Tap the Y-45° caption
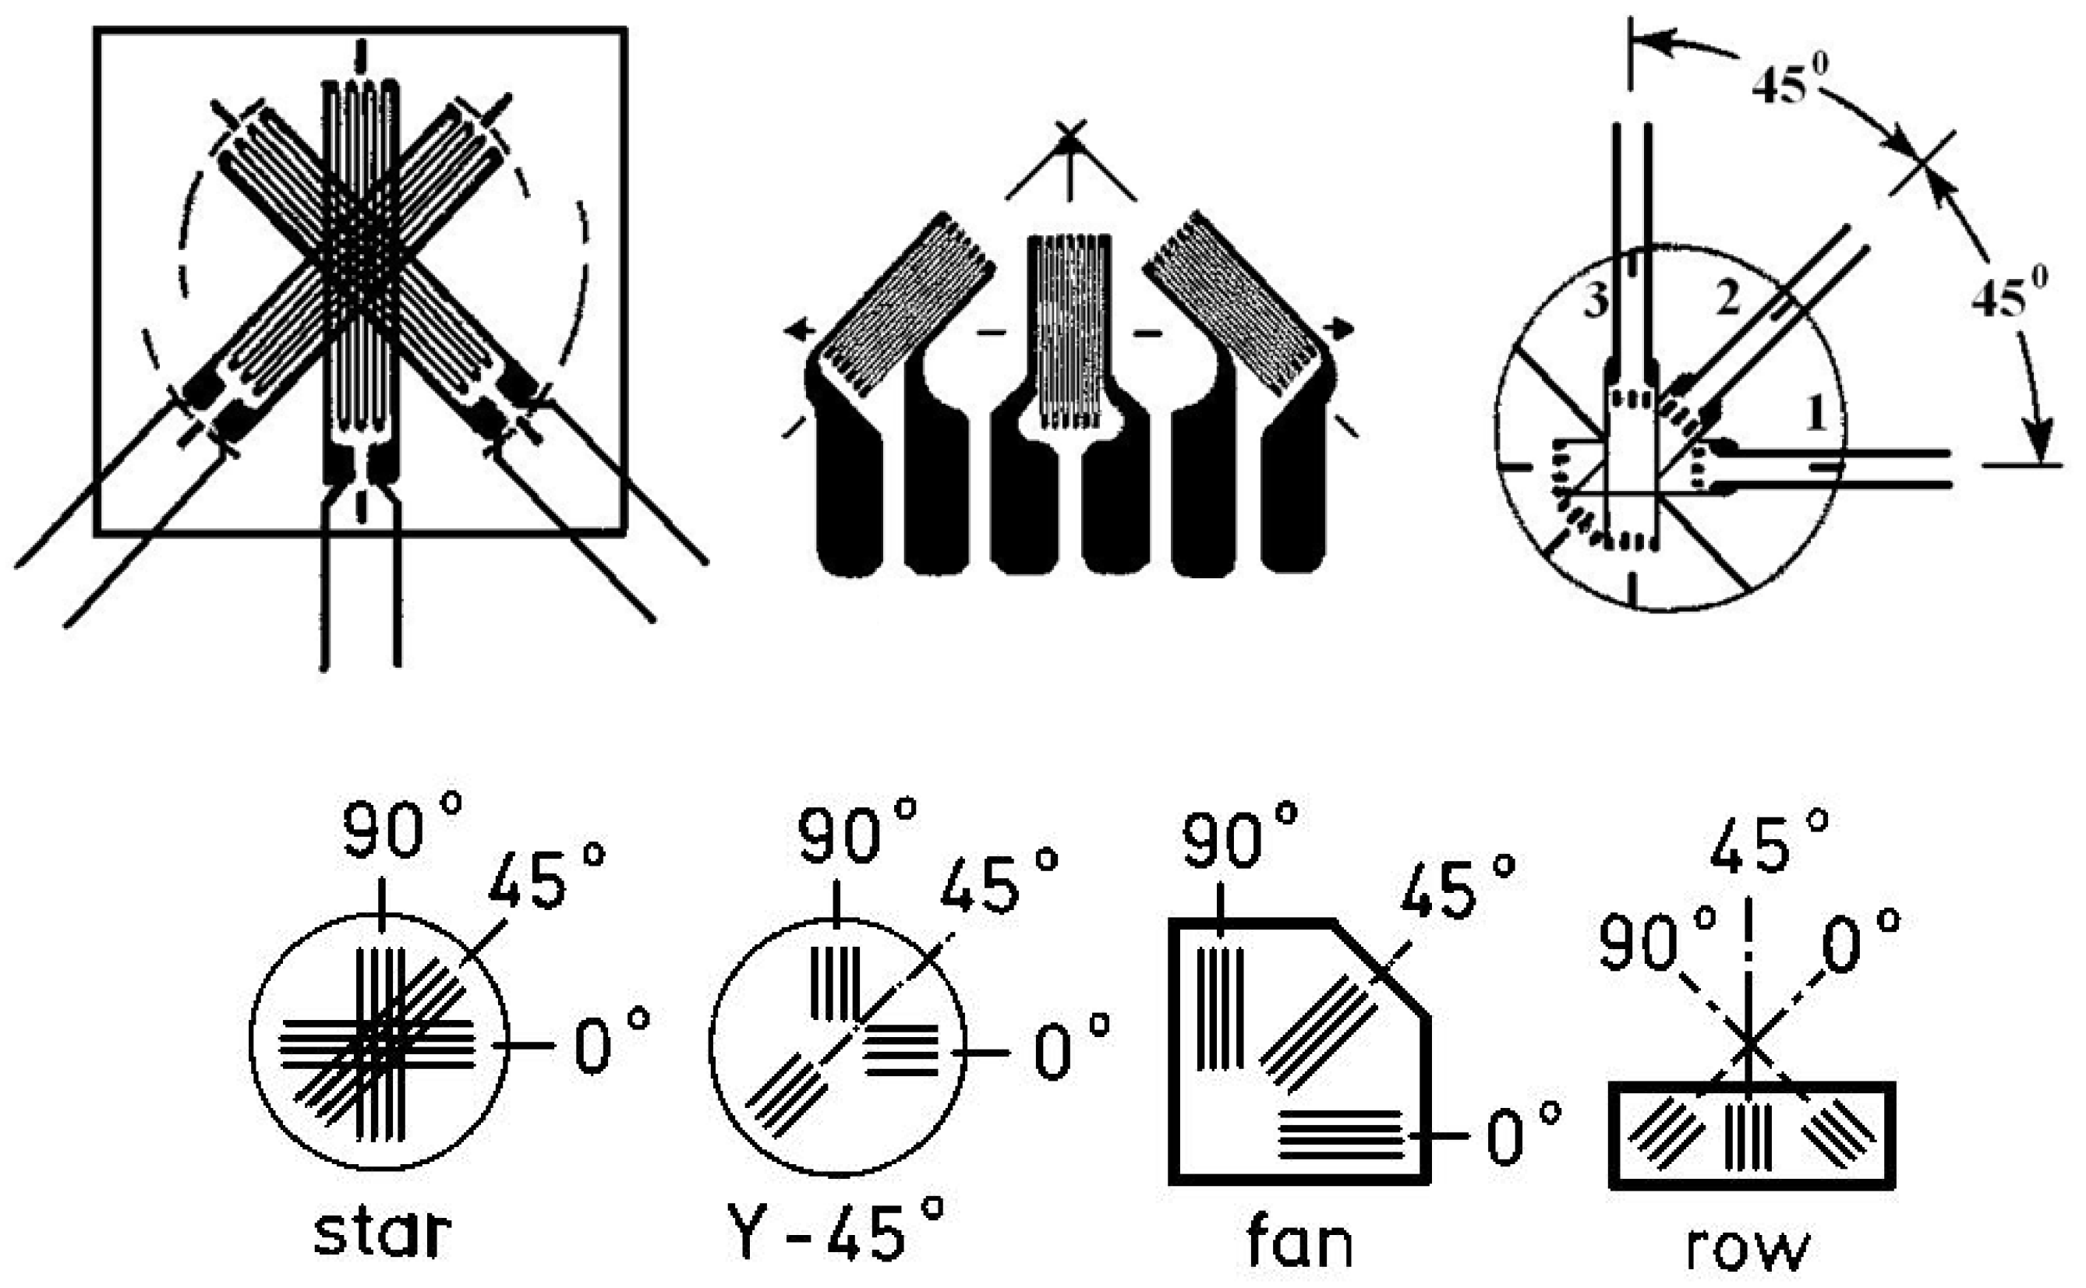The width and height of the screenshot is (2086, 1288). pos(836,1231)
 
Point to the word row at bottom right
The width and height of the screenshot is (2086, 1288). pos(1747,1249)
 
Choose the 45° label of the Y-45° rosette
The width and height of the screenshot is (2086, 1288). pos(998,882)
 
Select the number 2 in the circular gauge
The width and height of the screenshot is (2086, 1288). pos(1727,299)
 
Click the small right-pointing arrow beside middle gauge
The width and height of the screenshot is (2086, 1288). pos(1343,329)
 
